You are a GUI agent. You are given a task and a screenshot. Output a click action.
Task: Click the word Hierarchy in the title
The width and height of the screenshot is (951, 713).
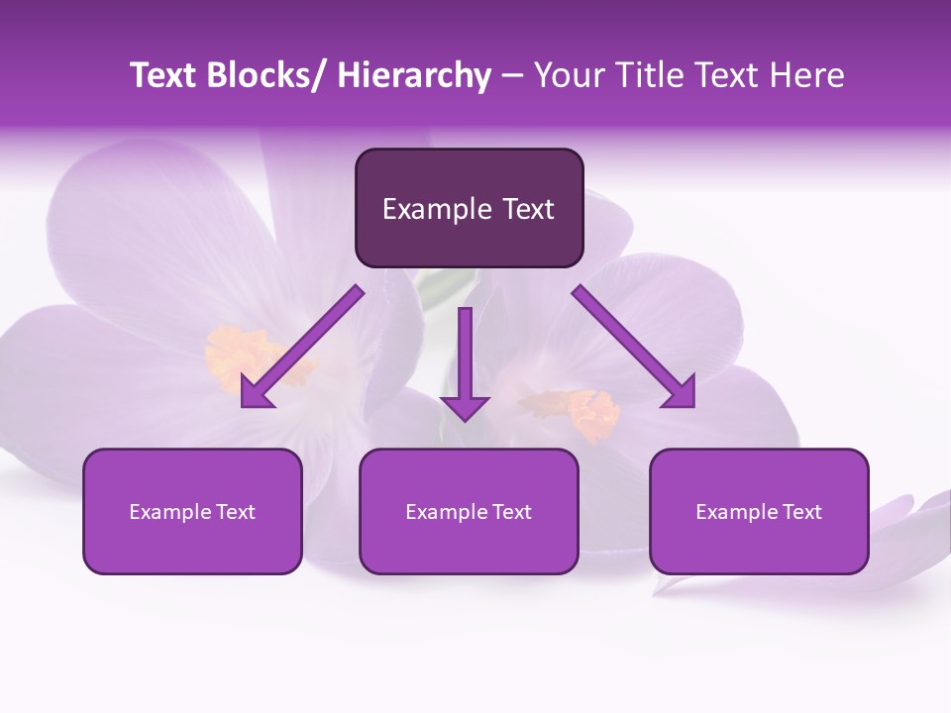coord(414,75)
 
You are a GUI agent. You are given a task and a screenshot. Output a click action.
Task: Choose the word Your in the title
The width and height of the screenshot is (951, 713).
coord(568,75)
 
